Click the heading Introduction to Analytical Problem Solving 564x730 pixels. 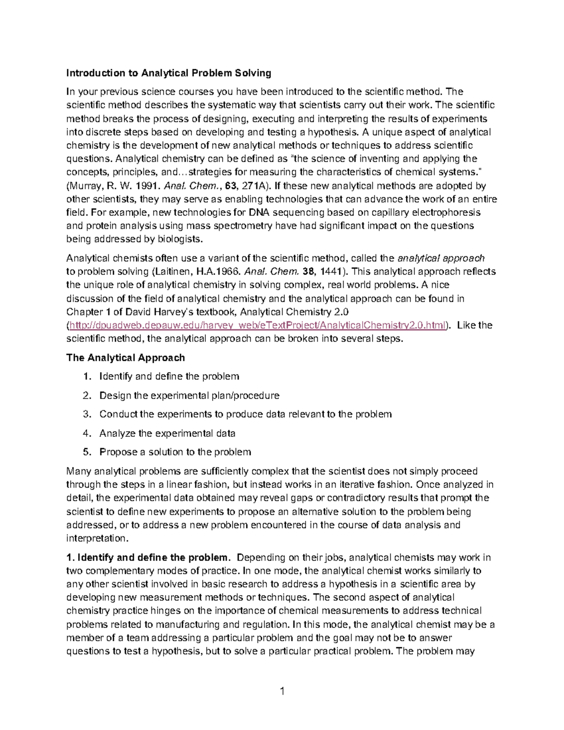(x=169, y=73)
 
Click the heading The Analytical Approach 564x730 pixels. (x=125, y=358)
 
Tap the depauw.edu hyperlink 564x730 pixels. (x=257, y=325)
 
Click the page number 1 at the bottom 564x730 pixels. (x=282, y=691)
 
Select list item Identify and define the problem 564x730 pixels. (x=169, y=377)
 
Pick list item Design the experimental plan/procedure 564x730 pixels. (x=189, y=395)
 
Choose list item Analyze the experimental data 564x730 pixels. (x=167, y=433)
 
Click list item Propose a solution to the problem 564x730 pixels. (x=175, y=452)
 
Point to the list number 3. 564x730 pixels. (x=86, y=414)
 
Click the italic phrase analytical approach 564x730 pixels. (x=440, y=258)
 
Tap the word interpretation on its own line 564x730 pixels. (x=96, y=538)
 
